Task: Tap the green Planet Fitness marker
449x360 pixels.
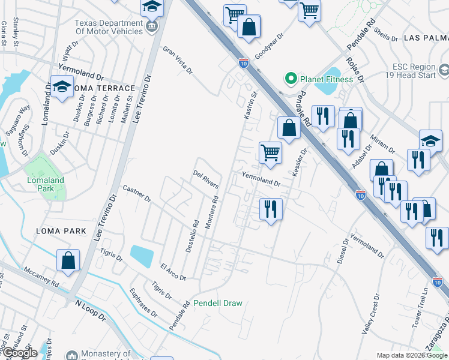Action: [x=291, y=79]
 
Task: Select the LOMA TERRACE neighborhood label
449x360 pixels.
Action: [x=106, y=88]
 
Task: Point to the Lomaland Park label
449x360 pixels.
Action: [x=44, y=184]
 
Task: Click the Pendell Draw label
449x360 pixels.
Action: [x=217, y=303]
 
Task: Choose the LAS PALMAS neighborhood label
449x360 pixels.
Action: [x=426, y=37]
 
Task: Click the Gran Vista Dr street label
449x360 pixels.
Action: [x=178, y=60]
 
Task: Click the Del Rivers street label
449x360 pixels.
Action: [x=205, y=179]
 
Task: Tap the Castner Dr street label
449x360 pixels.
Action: [x=136, y=193]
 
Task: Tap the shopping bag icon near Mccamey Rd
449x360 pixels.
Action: [x=68, y=261]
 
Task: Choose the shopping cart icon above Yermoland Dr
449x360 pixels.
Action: [x=271, y=152]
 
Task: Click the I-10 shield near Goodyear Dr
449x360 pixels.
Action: [x=243, y=62]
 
